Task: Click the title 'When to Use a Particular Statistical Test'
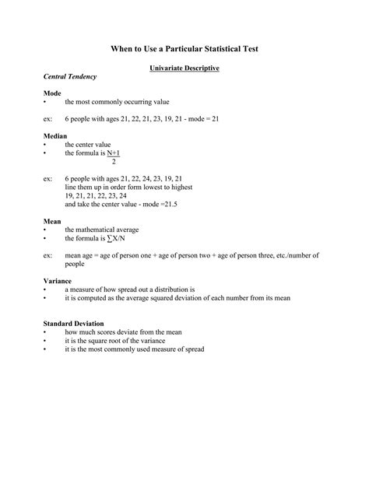[184, 48]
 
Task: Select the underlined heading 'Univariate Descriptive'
[184, 68]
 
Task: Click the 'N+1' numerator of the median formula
[114, 153]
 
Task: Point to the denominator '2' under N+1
[114, 162]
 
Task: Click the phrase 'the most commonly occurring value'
[117, 102]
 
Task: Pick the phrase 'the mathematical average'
[102, 230]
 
